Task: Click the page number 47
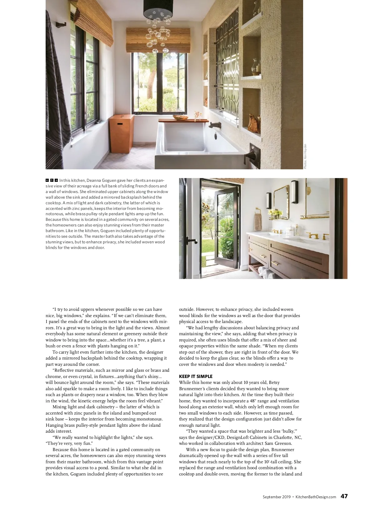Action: pyautogui.click(x=344, y=496)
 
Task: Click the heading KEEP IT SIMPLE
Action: pyautogui.click(x=196, y=376)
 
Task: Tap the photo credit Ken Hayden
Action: pyautogui.click(x=305, y=157)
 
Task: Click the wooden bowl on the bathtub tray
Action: pyautogui.click(x=180, y=118)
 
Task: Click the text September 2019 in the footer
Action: pyautogui.click(x=277, y=497)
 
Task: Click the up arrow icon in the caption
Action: pyautogui.click(x=52, y=180)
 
